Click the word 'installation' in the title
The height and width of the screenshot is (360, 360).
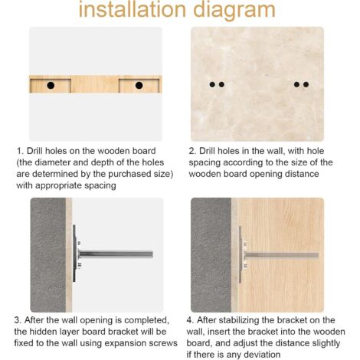pyautogui.click(x=133, y=9)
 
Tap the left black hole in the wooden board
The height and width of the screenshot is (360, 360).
pyautogui.click(x=51, y=85)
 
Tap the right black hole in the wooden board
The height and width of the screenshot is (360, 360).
pyautogui.click(x=139, y=85)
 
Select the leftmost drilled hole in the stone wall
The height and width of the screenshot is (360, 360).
pyautogui.click(x=212, y=84)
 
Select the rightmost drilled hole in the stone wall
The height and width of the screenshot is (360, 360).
pyautogui.click(x=306, y=84)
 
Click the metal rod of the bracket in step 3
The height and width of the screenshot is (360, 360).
pyautogui.click(x=116, y=254)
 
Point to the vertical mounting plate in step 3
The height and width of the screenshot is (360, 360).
pyautogui.click(x=74, y=254)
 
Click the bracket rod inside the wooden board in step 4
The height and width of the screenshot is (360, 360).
pyautogui.click(x=281, y=255)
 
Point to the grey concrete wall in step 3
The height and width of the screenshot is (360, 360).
pyautogui.click(x=48, y=254)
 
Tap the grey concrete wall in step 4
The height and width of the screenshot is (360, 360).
pyautogui.click(x=211, y=254)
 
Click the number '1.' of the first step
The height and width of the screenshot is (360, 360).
pyautogui.click(x=20, y=151)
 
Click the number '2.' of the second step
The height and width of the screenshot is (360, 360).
pyautogui.click(x=192, y=151)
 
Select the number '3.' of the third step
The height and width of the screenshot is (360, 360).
pyautogui.click(x=18, y=320)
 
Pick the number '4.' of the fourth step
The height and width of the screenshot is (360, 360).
pyautogui.click(x=191, y=320)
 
